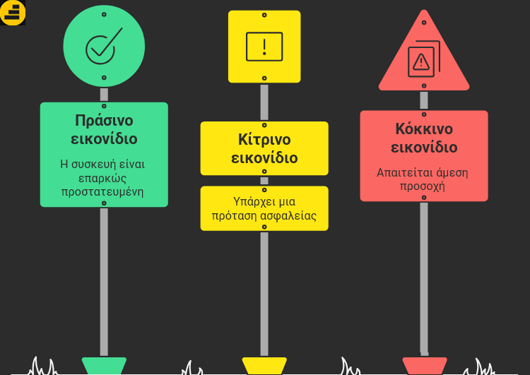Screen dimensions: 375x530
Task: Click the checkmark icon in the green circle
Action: point(104,47)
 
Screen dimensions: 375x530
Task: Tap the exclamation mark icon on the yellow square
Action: point(264,47)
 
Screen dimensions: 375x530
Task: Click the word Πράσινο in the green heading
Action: point(104,120)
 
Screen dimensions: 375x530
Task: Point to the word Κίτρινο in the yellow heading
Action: point(264,139)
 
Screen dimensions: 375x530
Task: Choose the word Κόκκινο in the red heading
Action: point(424,129)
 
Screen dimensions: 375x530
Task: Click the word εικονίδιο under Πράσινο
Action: point(104,138)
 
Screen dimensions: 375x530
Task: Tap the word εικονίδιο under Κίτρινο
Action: point(264,157)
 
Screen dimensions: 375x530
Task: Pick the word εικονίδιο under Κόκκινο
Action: point(424,148)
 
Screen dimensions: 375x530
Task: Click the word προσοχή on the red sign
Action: point(423,186)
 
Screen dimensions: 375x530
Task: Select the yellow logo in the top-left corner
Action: point(13,12)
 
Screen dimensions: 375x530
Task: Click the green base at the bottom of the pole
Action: point(104,366)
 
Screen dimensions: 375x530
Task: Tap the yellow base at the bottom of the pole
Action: point(264,366)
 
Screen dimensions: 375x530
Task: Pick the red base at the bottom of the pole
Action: point(424,366)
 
